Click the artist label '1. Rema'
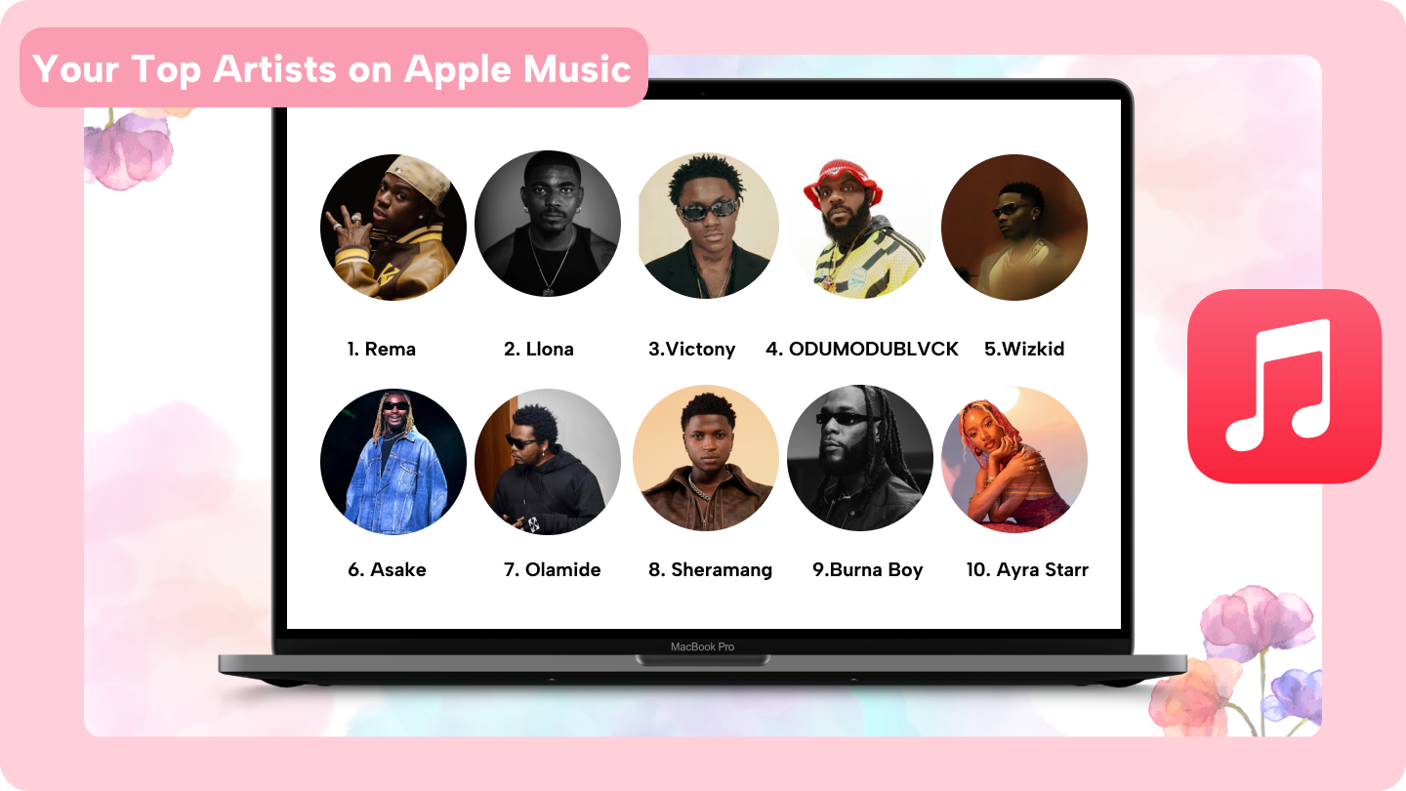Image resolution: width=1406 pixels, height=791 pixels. (x=382, y=349)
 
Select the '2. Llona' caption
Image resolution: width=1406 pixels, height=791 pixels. (x=539, y=349)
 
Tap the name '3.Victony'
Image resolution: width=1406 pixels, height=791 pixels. (x=692, y=349)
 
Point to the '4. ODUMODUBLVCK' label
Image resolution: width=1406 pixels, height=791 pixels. (x=862, y=349)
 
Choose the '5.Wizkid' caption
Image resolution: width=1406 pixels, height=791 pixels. (x=1024, y=349)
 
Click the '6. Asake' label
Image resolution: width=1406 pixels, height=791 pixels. (x=388, y=569)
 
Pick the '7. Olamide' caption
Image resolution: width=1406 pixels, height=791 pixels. (x=553, y=569)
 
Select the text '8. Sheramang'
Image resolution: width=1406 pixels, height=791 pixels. (x=711, y=569)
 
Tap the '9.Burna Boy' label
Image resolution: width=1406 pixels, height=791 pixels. (x=868, y=569)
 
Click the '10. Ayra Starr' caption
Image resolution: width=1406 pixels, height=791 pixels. (x=1027, y=569)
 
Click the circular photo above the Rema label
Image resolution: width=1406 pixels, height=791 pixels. (x=393, y=227)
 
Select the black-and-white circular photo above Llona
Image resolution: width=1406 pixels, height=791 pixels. (x=548, y=224)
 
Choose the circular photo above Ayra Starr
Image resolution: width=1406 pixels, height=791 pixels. (x=1014, y=460)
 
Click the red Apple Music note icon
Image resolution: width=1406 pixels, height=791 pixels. (x=1284, y=386)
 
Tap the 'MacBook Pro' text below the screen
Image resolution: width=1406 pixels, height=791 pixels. (x=702, y=646)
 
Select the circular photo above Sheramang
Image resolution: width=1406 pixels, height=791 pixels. (x=706, y=458)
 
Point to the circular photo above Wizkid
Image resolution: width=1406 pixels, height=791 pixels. (x=1014, y=227)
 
